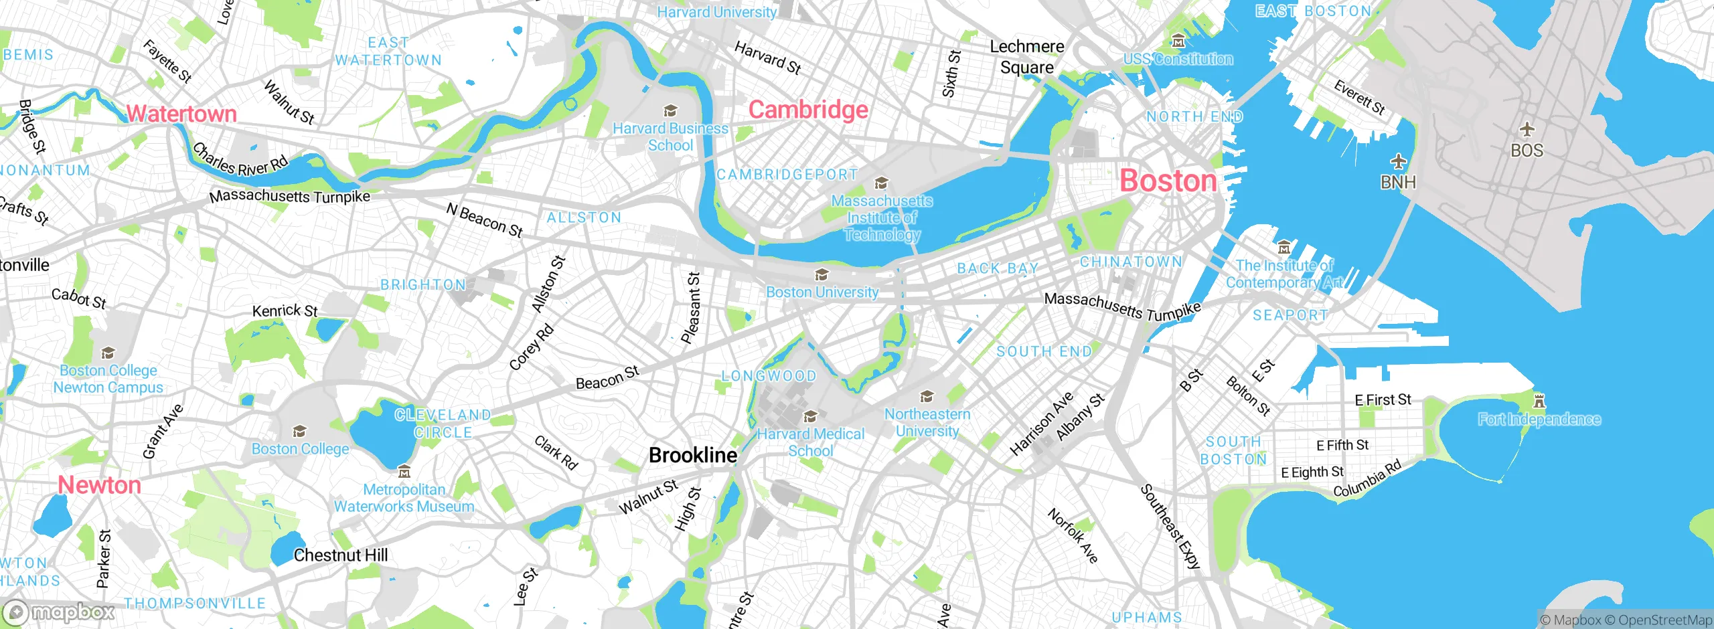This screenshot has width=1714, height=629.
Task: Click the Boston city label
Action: tap(1168, 181)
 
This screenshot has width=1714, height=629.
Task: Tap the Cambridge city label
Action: tap(808, 110)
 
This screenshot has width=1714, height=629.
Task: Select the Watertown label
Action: tap(181, 114)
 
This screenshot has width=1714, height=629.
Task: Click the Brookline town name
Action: tap(693, 456)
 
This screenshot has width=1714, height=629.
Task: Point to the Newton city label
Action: tap(100, 485)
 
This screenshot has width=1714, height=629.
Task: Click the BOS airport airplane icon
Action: tap(1527, 128)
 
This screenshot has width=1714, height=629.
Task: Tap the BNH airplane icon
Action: tap(1398, 161)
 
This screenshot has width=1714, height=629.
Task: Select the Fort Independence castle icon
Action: tap(1539, 401)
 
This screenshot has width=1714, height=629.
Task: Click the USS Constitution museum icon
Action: tap(1178, 41)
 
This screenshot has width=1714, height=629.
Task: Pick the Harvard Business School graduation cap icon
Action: tap(670, 110)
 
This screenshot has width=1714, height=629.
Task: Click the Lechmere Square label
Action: tap(1026, 57)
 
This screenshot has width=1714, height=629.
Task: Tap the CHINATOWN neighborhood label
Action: tap(1131, 262)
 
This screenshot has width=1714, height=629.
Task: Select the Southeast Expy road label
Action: tap(1170, 527)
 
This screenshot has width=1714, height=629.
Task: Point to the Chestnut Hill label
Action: tap(340, 555)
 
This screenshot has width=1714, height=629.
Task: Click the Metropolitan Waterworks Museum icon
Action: tap(404, 472)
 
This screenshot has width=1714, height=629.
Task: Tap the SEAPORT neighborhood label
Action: tap(1290, 315)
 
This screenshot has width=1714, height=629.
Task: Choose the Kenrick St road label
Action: tap(285, 311)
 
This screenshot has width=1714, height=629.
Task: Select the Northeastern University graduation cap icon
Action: tap(927, 397)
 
